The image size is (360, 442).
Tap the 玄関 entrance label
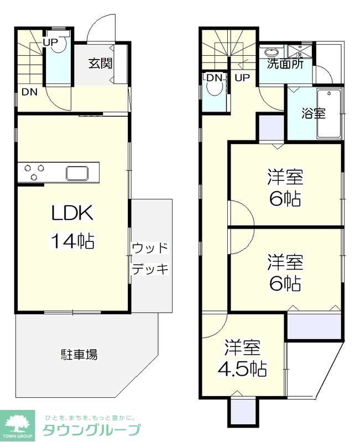point(101,62)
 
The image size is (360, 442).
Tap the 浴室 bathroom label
point(313,114)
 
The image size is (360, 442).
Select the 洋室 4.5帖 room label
point(243,359)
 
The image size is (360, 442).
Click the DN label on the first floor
point(29,92)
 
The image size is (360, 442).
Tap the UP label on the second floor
point(242,78)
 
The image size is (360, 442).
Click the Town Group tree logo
point(18,424)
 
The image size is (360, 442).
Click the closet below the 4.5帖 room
point(242,411)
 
